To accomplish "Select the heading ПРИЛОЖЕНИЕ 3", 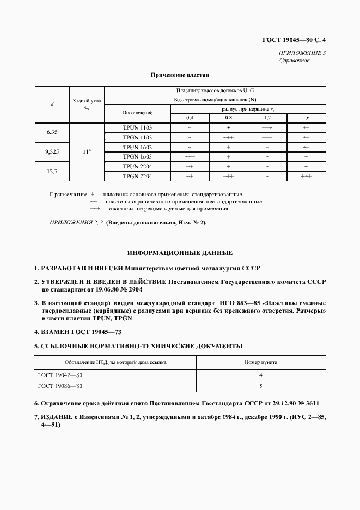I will pos(302,53).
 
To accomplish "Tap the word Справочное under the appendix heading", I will pos(294,60).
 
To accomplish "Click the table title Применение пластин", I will pos(180,74).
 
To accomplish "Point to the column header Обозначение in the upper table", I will pos(137,112).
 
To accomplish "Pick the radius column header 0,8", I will pos(228,118).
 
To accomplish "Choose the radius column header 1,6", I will pos(306,118).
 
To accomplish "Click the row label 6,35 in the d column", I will pos(52,132).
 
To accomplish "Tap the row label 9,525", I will pos(52,152).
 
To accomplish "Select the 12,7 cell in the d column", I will pos(52,172).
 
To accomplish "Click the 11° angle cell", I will pos(87,152).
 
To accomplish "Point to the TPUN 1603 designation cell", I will pos(137,147).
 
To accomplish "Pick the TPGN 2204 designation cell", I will pos(137,177).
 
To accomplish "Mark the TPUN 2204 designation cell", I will pos(137,167).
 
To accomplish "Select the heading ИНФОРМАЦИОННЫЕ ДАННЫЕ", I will pos(180,253).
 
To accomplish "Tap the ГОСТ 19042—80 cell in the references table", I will pos(60,375).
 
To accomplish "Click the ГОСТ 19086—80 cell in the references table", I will pos(60,386).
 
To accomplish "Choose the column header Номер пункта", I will pos(261,362).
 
